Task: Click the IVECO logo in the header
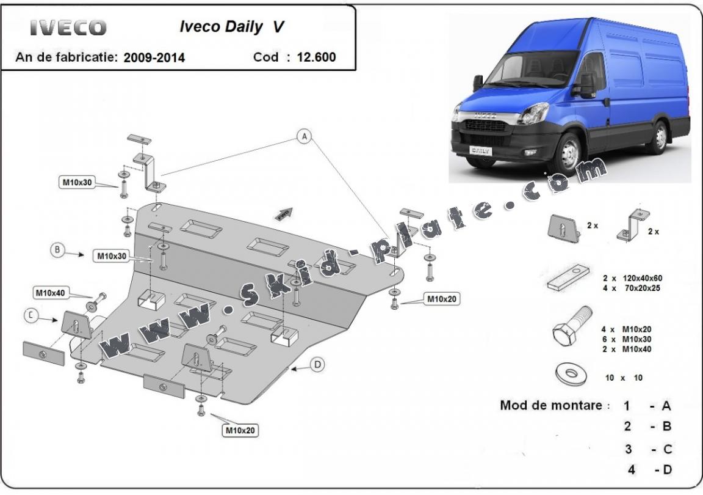(68, 28)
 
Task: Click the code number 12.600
(316, 57)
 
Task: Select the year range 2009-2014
(154, 58)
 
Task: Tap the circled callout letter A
(304, 137)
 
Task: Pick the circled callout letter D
(317, 365)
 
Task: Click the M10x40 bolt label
(51, 293)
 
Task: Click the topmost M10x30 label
(78, 182)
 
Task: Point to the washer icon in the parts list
(570, 373)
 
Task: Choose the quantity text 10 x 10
(624, 378)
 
